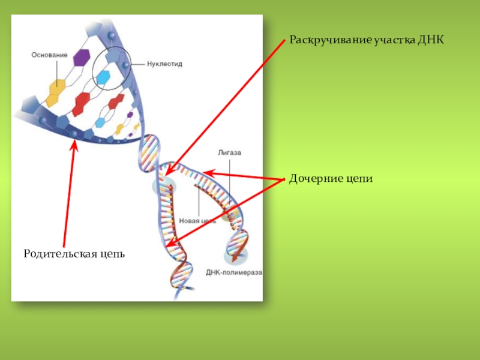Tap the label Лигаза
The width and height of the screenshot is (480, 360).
pyautogui.click(x=229, y=153)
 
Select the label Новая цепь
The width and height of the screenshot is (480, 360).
pyautogui.click(x=197, y=221)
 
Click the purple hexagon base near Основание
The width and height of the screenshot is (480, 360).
pyautogui.click(x=80, y=58)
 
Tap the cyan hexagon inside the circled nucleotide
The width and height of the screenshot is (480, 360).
pyautogui.click(x=104, y=77)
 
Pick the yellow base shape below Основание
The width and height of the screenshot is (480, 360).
pyautogui.click(x=57, y=88)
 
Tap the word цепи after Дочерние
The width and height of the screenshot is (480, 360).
pyautogui.click(x=359, y=179)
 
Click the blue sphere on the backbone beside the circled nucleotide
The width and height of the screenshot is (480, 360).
pyautogui.click(x=125, y=65)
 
